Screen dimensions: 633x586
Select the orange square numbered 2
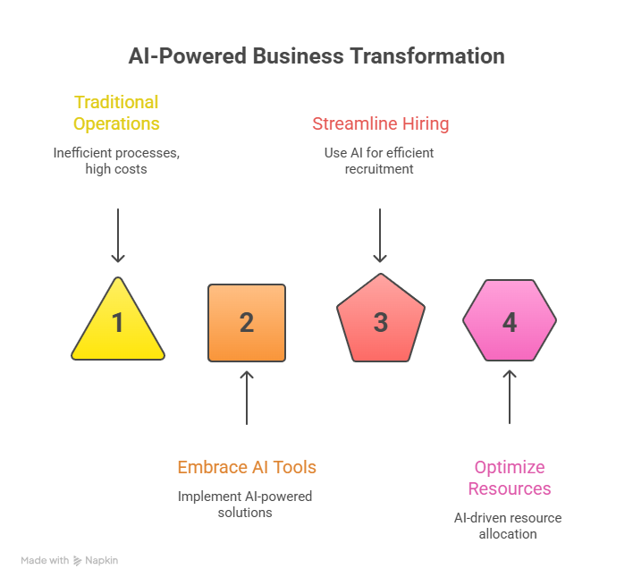247,323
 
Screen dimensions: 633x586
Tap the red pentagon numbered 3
381,318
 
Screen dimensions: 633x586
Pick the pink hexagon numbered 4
510,320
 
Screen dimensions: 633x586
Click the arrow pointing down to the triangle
118,235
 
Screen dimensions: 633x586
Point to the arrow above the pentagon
380,235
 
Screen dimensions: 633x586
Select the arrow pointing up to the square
247,398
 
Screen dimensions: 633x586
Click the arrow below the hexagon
510,397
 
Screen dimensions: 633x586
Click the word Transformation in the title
427,55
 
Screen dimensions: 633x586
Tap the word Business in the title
299,55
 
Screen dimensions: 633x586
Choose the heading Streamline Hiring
381,123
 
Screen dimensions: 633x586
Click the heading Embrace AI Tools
247,467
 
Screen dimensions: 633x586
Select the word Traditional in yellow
116,102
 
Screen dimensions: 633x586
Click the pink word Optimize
510,467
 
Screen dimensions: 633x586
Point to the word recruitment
379,169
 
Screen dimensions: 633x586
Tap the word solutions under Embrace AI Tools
245,513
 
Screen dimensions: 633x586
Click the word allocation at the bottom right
508,534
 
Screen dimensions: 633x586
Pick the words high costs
116,169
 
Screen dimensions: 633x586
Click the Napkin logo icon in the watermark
77,561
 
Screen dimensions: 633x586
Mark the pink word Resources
510,488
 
